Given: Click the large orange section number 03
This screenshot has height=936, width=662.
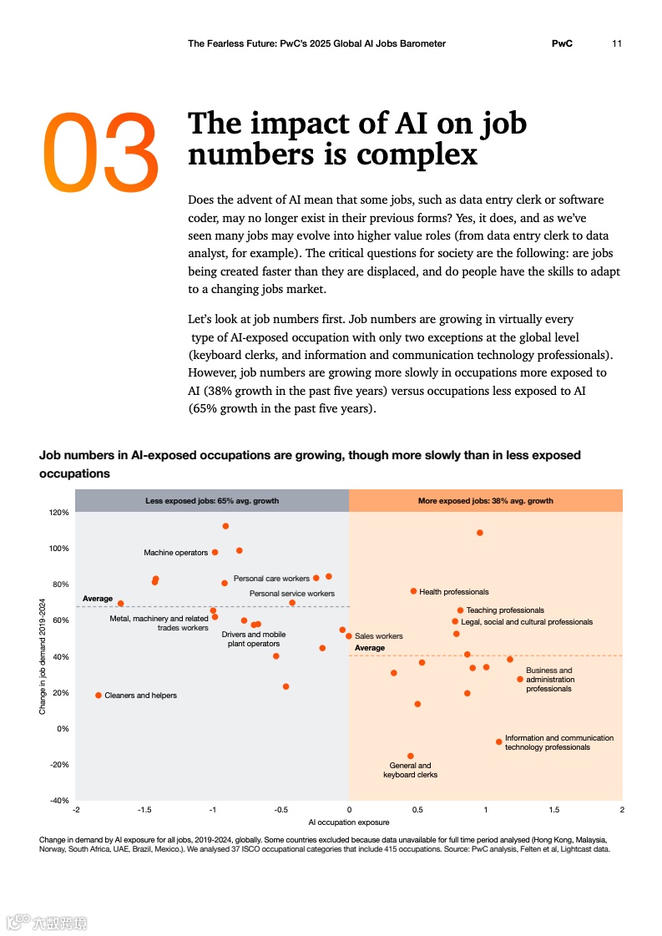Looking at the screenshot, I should coord(100,149).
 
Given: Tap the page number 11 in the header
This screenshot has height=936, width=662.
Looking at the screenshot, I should coord(617,43).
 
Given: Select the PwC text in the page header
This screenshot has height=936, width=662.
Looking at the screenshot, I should coord(562,43).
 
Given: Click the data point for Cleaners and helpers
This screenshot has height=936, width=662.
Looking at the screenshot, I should coord(99,696).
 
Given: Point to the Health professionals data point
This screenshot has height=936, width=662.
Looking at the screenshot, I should coord(413,591).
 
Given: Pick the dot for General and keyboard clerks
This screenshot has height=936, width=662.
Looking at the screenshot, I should coord(410,756).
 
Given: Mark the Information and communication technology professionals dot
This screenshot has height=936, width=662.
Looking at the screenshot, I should coord(499,741).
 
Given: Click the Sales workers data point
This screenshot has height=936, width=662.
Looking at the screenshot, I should coord(349,636).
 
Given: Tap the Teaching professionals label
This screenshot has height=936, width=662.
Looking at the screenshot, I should coord(505,610).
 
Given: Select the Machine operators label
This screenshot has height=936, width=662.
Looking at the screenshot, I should coord(175,553).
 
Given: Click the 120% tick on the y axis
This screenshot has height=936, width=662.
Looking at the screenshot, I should coord(58,513).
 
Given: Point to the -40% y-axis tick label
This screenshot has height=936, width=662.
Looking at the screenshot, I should coord(58,801).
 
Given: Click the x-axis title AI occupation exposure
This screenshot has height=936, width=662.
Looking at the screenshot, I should coord(349,822).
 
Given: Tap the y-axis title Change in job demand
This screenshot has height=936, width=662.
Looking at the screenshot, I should coord(43,655).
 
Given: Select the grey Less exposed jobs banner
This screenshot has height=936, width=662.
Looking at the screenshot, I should coord(212,501).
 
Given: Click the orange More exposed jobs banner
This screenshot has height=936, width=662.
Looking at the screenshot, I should coord(485,501).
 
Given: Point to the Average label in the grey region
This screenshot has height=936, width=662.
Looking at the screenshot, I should coord(98,599).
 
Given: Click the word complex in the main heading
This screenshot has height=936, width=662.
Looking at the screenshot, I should coord(417,155).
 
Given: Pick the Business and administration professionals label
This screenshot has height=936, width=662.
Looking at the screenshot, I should coord(548,680).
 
